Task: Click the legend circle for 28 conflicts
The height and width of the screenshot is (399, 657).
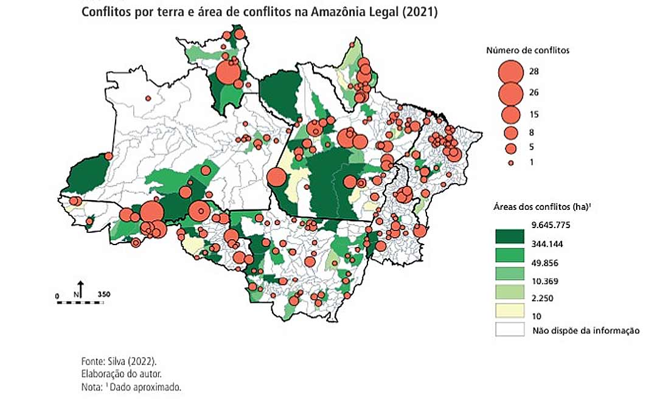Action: click(510, 72)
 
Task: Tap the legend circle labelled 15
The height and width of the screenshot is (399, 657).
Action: click(510, 114)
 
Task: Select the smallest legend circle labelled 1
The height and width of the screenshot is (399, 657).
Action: click(511, 162)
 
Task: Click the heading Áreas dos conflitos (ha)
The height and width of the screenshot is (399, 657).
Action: click(542, 207)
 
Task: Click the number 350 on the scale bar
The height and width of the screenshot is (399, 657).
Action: click(103, 295)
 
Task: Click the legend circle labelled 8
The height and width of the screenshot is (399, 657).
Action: click(510, 133)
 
